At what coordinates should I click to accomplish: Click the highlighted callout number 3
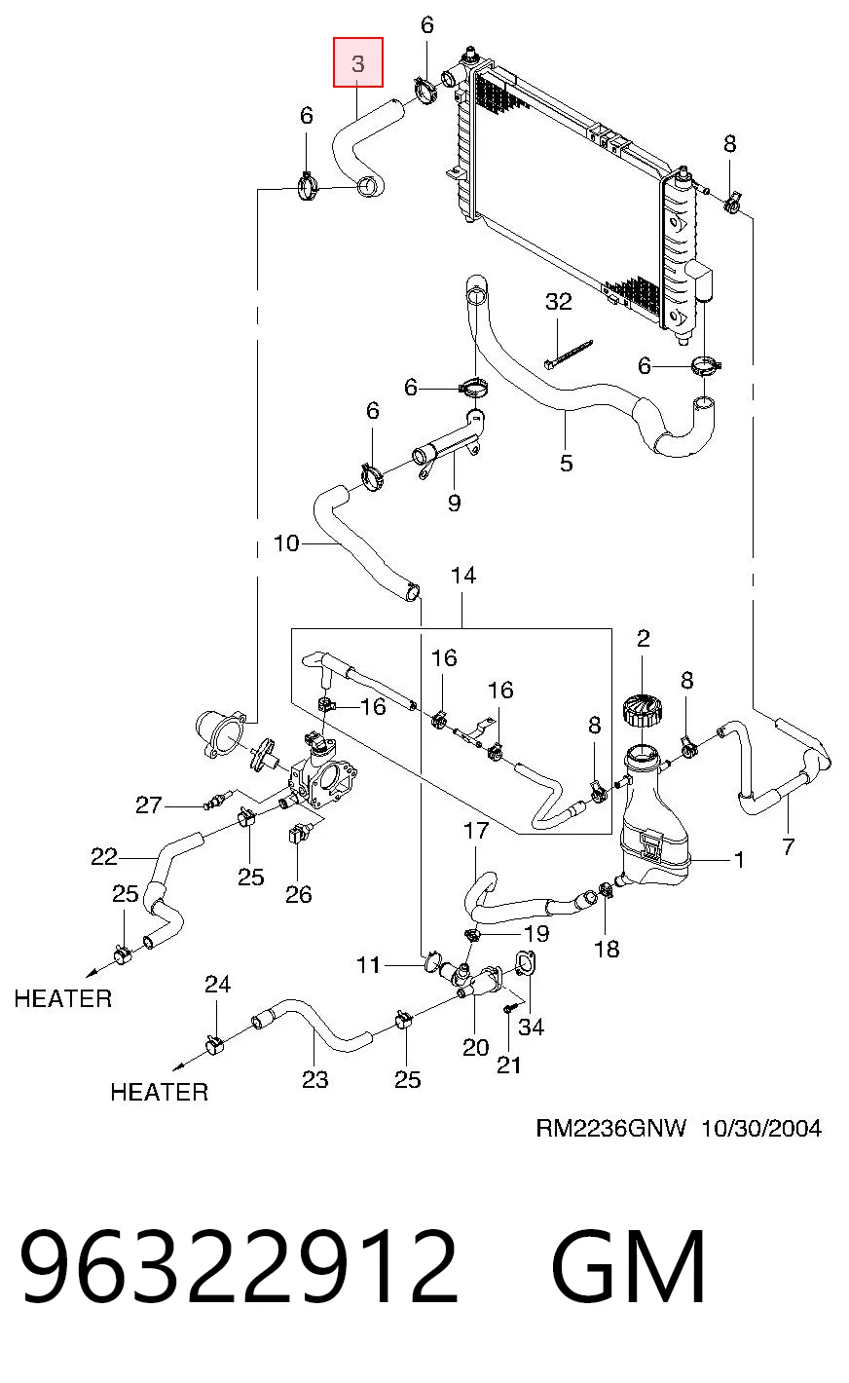tap(358, 62)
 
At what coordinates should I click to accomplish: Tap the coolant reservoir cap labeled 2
tap(643, 711)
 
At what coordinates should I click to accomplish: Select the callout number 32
tap(559, 301)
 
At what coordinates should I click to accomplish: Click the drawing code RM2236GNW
tap(610, 1128)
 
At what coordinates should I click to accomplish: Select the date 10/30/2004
tap(762, 1128)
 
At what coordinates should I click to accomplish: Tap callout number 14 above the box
tap(463, 576)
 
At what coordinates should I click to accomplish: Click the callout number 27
tap(149, 805)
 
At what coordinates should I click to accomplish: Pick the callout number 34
tap(531, 1027)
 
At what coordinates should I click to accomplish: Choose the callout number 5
tap(567, 463)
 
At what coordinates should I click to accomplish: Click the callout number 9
tap(454, 503)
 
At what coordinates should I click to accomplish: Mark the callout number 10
tap(286, 543)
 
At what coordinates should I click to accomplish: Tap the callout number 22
tap(103, 856)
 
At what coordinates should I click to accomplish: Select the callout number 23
tap(314, 1079)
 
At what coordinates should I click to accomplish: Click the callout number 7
tap(788, 846)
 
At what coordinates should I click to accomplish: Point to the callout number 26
tap(299, 894)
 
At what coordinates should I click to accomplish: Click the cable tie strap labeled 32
tap(569, 354)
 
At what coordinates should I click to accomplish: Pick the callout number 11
tap(369, 964)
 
